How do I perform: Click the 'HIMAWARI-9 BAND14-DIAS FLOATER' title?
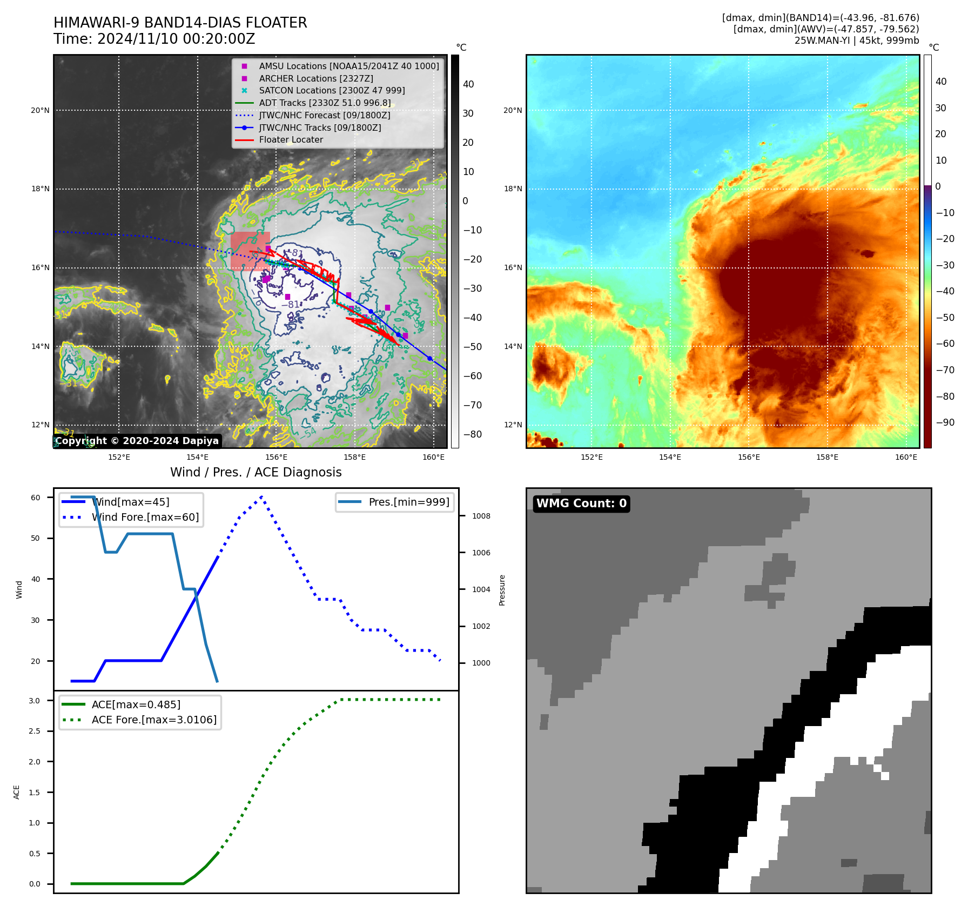(180, 23)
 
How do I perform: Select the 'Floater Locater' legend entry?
(291, 140)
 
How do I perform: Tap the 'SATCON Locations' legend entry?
(332, 91)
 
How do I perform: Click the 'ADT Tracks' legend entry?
(325, 103)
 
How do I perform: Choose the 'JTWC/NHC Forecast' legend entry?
(324, 115)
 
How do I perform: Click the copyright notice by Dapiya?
(137, 441)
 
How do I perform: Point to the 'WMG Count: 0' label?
(581, 504)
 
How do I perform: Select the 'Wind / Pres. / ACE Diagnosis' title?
(256, 472)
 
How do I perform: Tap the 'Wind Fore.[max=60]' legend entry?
(145, 517)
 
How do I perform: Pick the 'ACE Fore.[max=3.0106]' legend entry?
(154, 720)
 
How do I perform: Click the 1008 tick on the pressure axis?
(481, 516)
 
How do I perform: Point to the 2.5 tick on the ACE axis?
(34, 731)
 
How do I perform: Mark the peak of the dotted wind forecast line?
(261, 496)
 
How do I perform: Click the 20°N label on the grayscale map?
(40, 111)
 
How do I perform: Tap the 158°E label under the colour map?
(827, 457)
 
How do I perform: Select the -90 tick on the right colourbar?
(945, 422)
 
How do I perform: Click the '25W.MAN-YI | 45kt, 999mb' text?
(856, 41)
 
